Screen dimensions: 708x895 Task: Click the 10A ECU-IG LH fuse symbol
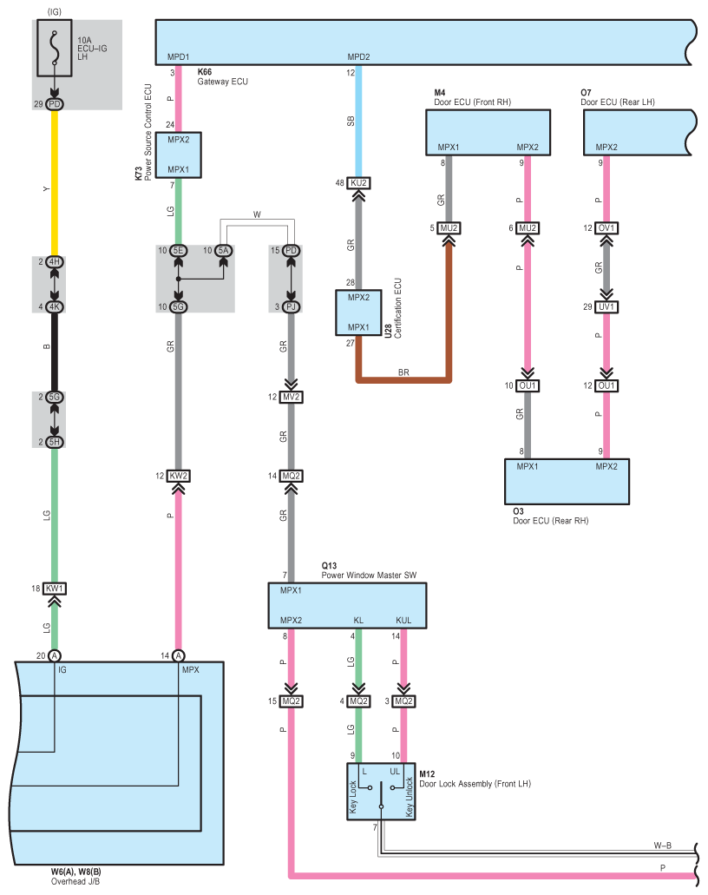click(x=55, y=48)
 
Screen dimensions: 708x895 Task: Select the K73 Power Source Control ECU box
click(x=178, y=155)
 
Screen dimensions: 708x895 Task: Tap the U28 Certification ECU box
click(x=358, y=313)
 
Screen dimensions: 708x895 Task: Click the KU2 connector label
click(x=358, y=182)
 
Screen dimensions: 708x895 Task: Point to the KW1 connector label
click(x=55, y=588)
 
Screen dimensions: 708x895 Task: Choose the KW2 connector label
click(x=178, y=476)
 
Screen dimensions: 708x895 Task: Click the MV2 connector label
click(x=291, y=397)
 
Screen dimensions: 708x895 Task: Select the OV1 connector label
click(x=606, y=227)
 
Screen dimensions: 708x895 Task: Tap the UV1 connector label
click(x=606, y=306)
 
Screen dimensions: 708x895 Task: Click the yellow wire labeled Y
click(x=55, y=182)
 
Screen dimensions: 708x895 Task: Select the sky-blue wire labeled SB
click(x=358, y=121)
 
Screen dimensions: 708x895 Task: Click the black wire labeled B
click(x=55, y=352)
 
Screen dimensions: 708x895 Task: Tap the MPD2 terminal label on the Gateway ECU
click(x=358, y=57)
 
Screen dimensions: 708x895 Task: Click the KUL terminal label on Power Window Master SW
click(x=403, y=620)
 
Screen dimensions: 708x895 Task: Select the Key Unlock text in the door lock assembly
click(x=409, y=797)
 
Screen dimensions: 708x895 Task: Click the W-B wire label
click(x=662, y=846)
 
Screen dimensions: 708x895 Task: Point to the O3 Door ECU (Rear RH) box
click(x=567, y=482)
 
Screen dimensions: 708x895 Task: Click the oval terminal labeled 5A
click(x=223, y=251)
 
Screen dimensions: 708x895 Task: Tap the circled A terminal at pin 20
click(x=55, y=655)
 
